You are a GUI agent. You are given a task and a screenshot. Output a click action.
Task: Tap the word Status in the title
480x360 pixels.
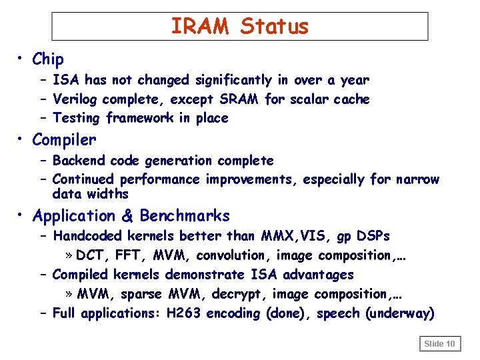coord(275,26)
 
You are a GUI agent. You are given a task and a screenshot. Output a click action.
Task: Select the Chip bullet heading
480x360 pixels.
coord(48,59)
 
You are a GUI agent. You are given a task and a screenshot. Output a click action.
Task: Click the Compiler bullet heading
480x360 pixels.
coord(64,140)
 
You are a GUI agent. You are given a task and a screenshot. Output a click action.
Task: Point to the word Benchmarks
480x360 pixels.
coord(185,216)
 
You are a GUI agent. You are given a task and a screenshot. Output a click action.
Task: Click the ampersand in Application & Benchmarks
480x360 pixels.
coord(127,216)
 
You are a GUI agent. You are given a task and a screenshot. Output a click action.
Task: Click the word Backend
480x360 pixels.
coord(79,161)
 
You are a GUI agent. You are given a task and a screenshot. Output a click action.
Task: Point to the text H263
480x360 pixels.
coord(183,313)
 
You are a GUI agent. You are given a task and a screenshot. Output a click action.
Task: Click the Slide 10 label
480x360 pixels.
coord(440,344)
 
